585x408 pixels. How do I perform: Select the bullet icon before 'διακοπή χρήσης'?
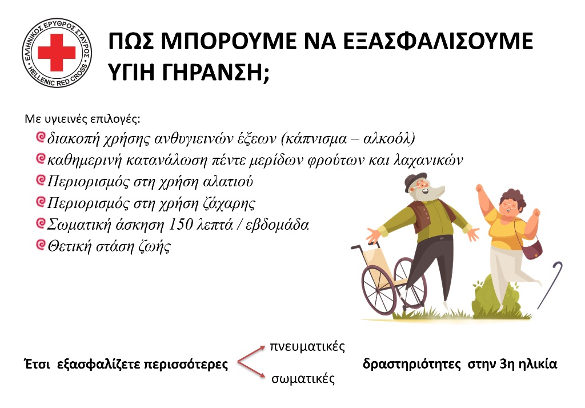[40, 138]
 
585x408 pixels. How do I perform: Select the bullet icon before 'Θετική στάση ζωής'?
[40, 246]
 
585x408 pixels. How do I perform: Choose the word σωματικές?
[303, 379]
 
